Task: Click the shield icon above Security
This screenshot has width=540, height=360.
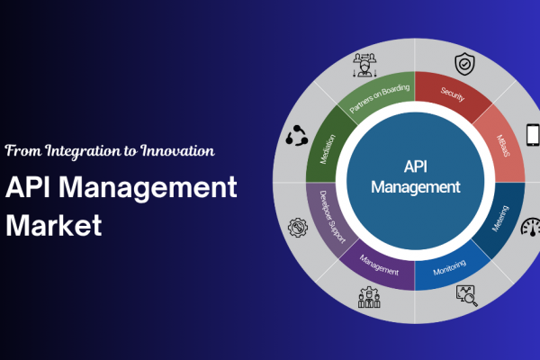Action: [464, 64]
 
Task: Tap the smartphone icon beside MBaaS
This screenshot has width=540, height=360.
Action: [533, 134]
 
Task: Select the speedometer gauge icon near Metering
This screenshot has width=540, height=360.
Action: [531, 227]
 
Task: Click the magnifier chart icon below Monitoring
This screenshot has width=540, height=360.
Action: [466, 296]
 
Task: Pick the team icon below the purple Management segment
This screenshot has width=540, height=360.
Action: [369, 297]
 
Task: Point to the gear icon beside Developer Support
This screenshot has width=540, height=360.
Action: [298, 228]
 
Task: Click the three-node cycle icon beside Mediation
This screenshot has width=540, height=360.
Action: [297, 135]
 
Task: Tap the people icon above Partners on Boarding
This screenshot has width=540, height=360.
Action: [364, 65]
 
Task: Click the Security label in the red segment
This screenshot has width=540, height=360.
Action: [453, 94]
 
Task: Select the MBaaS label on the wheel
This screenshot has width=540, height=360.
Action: [503, 146]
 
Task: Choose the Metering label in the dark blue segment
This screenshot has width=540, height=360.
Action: [500, 219]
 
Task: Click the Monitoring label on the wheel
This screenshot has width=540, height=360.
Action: [450, 267]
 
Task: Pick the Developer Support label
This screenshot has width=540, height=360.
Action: [332, 217]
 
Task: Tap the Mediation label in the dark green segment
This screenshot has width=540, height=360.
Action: [328, 149]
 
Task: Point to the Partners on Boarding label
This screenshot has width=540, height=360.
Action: [380, 98]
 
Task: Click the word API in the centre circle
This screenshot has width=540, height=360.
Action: [416, 166]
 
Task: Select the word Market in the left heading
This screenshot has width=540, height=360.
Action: [54, 225]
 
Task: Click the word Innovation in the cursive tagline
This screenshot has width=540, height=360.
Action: [177, 151]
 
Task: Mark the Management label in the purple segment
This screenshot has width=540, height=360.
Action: [379, 265]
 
